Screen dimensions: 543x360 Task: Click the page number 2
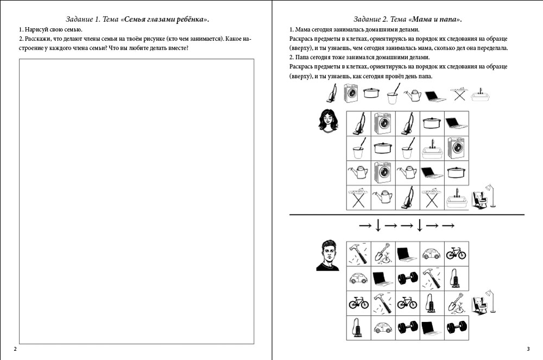(15, 349)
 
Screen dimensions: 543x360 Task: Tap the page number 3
(528, 349)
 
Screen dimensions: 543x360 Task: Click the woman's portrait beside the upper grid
(328, 121)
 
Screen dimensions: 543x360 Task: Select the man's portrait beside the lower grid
(327, 255)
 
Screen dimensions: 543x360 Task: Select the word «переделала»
(492, 48)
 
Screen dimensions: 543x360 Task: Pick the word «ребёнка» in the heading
(192, 20)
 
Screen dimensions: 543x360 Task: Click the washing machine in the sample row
(351, 93)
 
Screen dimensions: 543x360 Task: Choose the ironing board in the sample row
(459, 93)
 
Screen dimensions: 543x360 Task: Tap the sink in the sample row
(481, 95)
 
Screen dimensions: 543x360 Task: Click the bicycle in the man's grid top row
(456, 254)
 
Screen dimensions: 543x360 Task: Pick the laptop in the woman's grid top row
(456, 123)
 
